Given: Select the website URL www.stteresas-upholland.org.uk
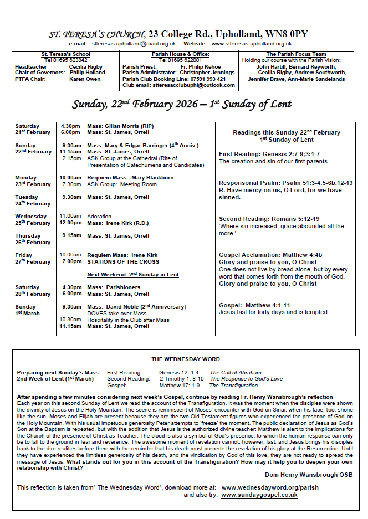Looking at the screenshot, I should click(252, 43).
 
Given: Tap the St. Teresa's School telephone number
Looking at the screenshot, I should click(66, 60).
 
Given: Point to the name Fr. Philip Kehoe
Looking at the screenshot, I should click(201, 66).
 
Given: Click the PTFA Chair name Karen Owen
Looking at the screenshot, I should click(85, 79).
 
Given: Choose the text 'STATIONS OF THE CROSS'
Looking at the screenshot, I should click(123, 262).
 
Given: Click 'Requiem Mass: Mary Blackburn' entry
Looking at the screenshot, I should click(130, 178).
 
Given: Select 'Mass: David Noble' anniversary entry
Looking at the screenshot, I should click(136, 307).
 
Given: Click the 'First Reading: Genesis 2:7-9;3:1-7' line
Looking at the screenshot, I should click(269, 154).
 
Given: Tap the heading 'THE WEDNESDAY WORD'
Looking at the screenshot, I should click(186, 359).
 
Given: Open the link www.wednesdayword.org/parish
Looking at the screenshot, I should click(270, 487).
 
